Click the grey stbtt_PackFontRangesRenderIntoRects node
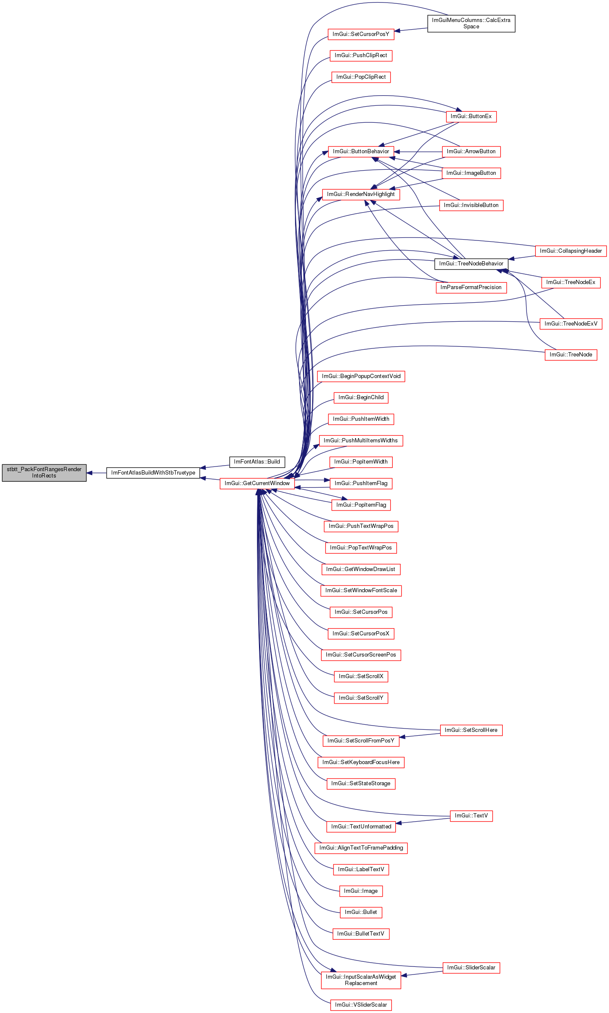tap(44, 472)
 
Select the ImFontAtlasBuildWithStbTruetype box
tap(153, 473)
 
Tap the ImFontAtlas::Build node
tap(257, 462)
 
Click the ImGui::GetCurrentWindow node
tap(257, 483)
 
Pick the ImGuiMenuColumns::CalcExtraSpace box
tap(471, 23)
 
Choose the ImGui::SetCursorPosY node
tap(361, 34)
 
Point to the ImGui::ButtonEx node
tap(471, 116)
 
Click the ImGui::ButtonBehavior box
tap(361, 152)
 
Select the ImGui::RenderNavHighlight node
tap(361, 194)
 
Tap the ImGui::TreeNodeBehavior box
tap(471, 264)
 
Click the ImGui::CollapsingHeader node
tap(571, 251)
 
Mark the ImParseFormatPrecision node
tap(471, 287)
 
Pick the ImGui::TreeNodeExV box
tap(571, 324)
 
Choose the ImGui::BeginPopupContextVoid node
tap(361, 376)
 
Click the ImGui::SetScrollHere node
tap(471, 730)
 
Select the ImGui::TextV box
tap(471, 816)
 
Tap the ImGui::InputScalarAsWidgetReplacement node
tap(361, 980)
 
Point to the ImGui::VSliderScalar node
tap(361, 1005)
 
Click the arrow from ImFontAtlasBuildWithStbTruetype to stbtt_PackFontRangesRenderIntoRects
tap(96, 473)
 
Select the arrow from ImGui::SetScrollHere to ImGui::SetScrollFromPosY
tap(420, 735)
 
